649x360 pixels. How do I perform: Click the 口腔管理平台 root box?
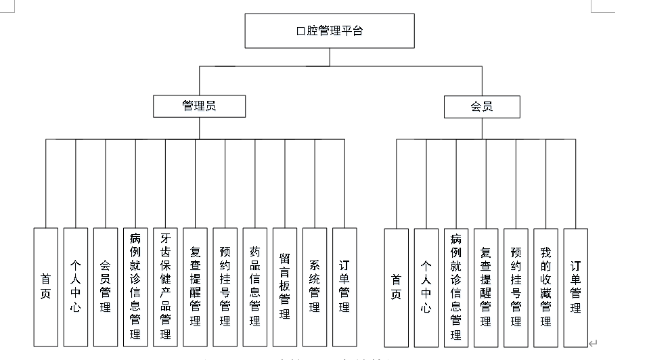point(329,31)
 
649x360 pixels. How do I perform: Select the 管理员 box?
point(199,106)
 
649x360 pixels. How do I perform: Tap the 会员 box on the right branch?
point(481,106)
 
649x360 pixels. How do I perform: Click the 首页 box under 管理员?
point(45,286)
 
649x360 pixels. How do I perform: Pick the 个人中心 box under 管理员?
point(75,286)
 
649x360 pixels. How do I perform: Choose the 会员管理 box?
point(105,286)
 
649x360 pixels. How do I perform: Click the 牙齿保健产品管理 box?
point(165,286)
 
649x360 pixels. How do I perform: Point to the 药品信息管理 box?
point(254,286)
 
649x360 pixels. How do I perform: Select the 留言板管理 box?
point(284,286)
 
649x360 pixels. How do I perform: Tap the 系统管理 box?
point(314,286)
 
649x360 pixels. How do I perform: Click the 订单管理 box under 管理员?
point(344,286)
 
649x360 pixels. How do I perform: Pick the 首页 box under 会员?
point(396,286)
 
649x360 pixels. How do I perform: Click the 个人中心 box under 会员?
point(426,286)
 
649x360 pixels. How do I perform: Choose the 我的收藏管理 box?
point(545,286)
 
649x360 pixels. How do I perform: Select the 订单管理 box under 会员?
point(575,286)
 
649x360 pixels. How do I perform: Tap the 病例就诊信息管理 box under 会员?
point(456,286)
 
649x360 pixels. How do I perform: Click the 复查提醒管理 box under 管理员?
point(195,286)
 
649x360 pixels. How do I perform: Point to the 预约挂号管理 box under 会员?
point(516,286)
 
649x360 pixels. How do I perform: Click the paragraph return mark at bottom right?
point(593,344)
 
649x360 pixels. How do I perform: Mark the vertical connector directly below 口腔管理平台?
point(330,57)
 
